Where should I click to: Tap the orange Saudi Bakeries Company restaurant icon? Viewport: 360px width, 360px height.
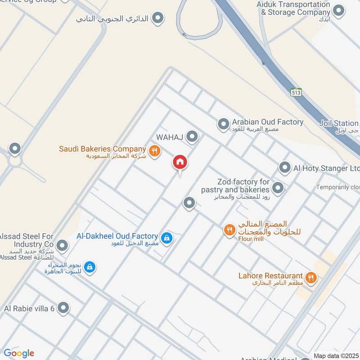154,151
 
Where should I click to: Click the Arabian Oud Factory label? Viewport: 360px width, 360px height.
268,122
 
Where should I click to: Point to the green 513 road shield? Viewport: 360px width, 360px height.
296,92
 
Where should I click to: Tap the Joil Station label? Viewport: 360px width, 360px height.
339,123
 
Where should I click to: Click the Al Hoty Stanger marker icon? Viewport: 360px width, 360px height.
284,168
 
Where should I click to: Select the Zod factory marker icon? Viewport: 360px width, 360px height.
278,188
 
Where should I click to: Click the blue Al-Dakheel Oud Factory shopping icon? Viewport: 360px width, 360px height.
167,238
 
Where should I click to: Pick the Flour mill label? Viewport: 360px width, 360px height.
251,239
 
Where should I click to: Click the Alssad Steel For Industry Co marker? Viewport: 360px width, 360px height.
63,245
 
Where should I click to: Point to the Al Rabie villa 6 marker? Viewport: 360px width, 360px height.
64,308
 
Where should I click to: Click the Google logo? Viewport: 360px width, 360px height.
19,353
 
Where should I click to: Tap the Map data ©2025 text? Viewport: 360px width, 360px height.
336,355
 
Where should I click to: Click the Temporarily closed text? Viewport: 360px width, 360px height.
337,187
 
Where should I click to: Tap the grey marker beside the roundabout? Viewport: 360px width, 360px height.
15,148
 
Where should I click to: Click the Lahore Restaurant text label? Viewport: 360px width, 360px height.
271,275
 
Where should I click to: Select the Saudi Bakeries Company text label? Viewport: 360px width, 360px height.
103,149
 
